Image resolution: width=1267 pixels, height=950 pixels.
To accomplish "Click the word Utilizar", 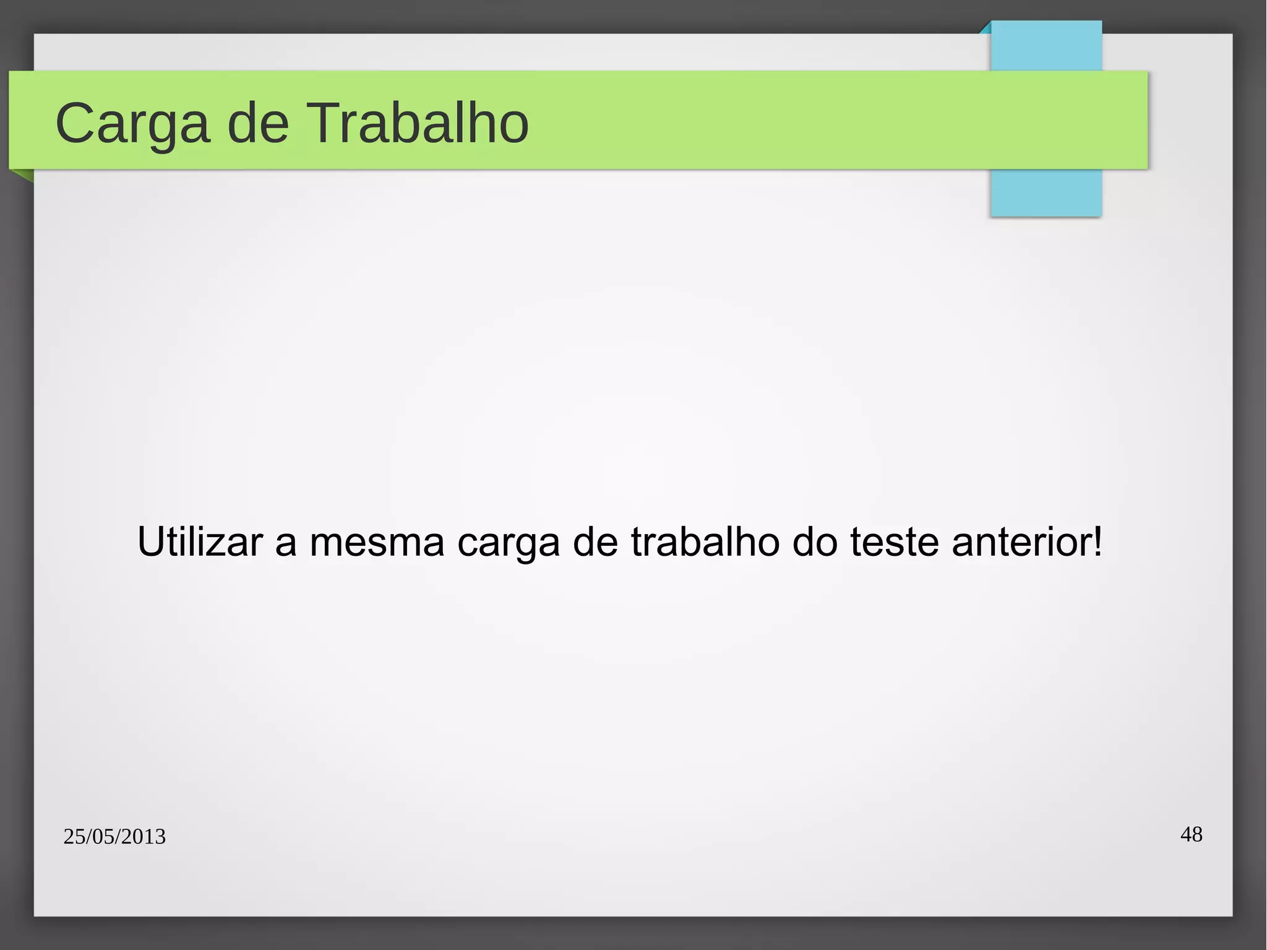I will pos(199,542).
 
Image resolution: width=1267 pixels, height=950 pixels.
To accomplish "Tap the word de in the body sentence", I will pos(595,542).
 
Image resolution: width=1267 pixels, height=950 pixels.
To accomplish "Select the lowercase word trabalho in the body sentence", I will pos(705,542).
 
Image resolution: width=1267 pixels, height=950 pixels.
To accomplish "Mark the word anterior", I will pos(1021,542).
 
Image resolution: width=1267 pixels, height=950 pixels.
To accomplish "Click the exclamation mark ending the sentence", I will pos(1097,541).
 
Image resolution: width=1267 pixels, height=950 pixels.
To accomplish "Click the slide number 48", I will pos(1192,834).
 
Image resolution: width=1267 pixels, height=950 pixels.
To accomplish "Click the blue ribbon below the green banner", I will pos(1046,192).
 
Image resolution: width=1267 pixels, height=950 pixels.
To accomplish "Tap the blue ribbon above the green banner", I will pos(1046,46).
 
